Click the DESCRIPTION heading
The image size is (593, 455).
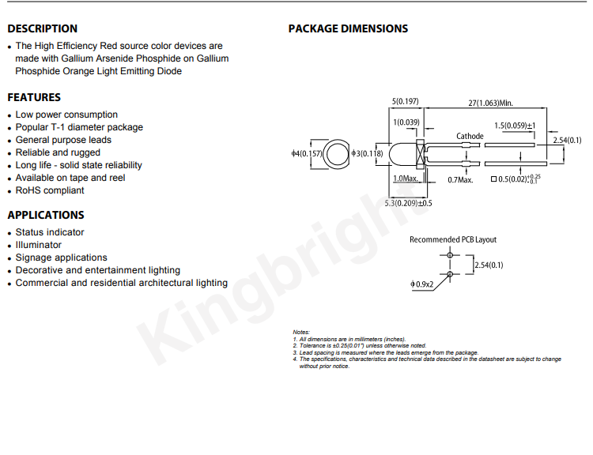pos(43,28)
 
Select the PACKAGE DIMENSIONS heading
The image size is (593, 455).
pos(348,28)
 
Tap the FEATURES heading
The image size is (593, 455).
pos(34,97)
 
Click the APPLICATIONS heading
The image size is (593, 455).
pos(46,215)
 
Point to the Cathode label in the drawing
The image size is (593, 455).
pos(470,136)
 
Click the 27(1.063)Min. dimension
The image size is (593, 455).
pos(490,103)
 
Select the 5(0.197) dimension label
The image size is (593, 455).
pos(405,101)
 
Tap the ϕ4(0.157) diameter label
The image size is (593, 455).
pos(307,153)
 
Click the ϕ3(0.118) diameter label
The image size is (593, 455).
pos(367,153)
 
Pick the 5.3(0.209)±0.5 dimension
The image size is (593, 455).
pos(408,203)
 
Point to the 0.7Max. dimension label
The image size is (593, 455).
pos(460,180)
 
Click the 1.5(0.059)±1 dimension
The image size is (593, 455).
pos(515,126)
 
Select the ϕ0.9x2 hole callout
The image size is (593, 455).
pos(421,284)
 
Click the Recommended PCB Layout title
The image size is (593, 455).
pos(453,239)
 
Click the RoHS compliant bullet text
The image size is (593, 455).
pos(50,190)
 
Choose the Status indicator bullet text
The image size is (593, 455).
pos(50,232)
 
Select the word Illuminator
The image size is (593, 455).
pos(38,245)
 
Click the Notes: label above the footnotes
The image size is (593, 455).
pos(301,333)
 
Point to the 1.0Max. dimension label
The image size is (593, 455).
pos(406,179)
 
